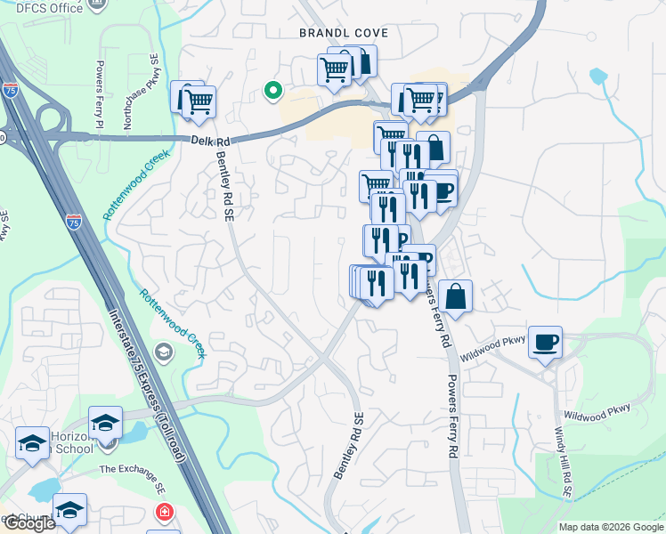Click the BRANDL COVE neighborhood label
pyautogui.click(x=343, y=33)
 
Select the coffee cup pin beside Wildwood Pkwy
pyautogui.click(x=545, y=341)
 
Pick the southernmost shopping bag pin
pyautogui.click(x=455, y=296)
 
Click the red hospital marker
pyautogui.click(x=163, y=513)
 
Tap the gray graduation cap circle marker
pyautogui.click(x=162, y=352)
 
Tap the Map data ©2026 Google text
pyautogui.click(x=610, y=527)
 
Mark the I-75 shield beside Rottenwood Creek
pyautogui.click(x=73, y=220)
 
